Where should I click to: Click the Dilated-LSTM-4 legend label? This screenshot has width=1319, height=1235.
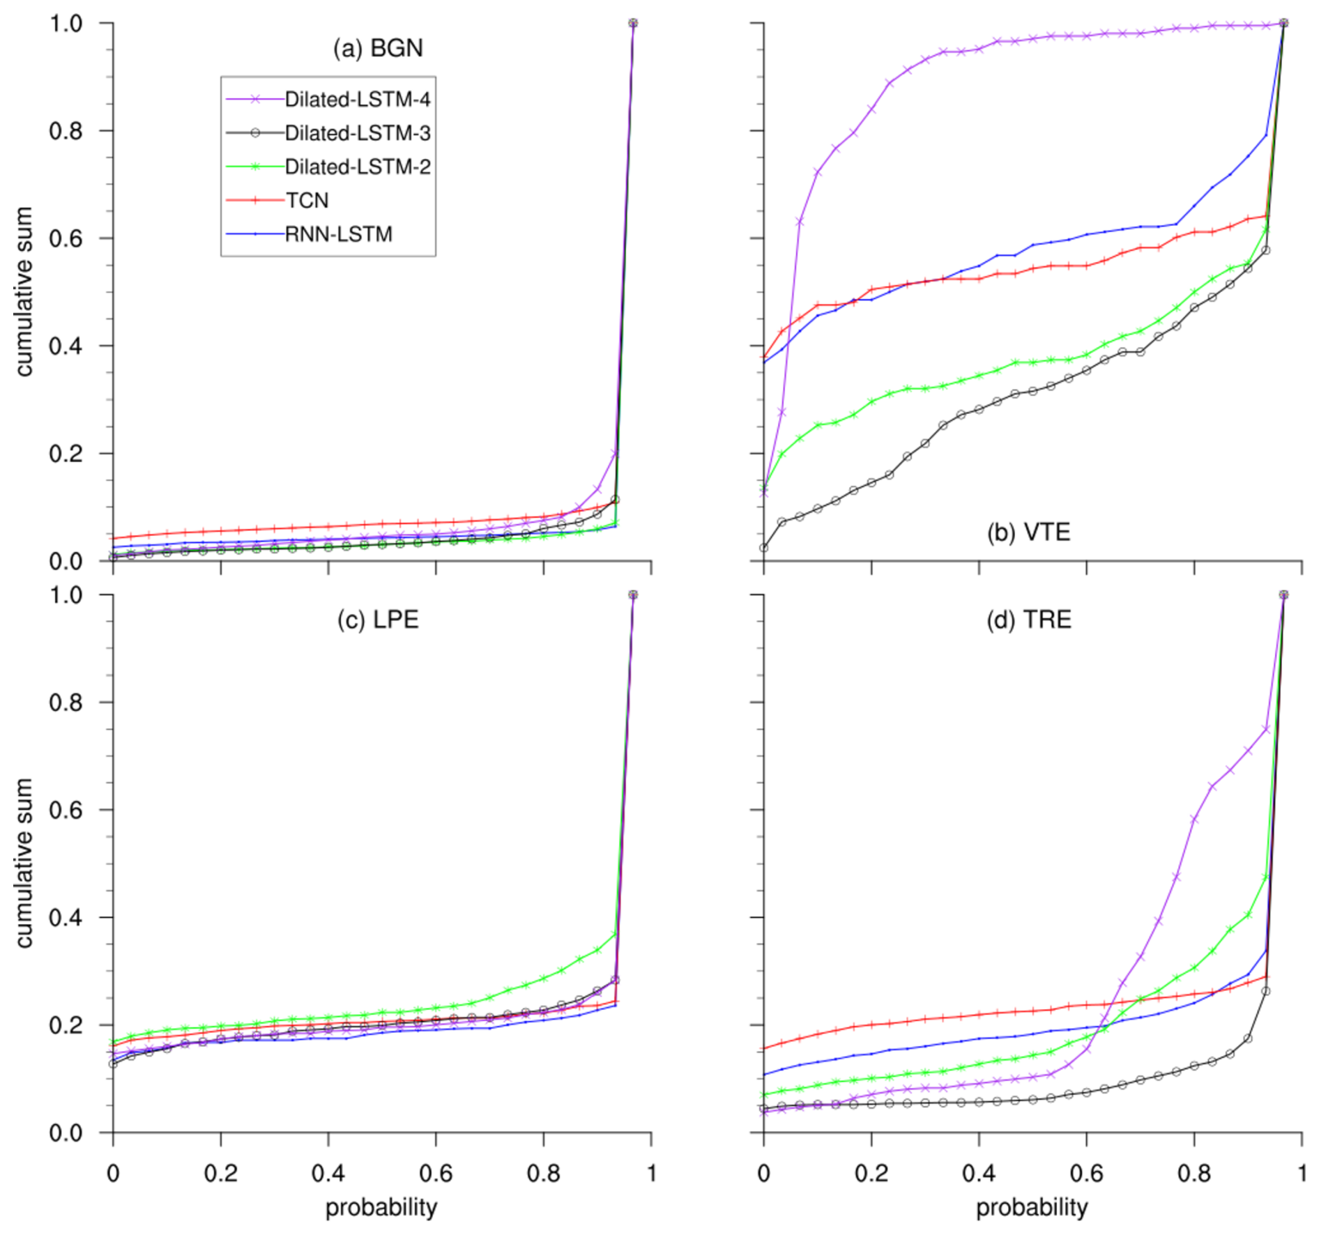[x=357, y=100]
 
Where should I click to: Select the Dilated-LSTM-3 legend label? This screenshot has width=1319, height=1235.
[x=357, y=133]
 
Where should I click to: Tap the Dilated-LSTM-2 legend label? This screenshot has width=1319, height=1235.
[x=357, y=167]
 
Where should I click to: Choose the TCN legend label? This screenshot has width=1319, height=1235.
[x=307, y=201]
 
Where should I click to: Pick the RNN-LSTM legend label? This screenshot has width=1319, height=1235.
[x=338, y=234]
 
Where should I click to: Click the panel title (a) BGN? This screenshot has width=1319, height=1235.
[x=378, y=48]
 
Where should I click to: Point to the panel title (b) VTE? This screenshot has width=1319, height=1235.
[x=1028, y=532]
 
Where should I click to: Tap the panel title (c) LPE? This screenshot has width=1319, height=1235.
[x=378, y=620]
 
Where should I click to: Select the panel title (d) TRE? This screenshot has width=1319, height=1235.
[x=1028, y=620]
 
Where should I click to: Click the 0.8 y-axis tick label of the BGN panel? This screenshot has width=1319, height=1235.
[x=66, y=131]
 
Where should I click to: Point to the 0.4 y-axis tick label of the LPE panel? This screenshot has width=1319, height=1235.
[x=66, y=918]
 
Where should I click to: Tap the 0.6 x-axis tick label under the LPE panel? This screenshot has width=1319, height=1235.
[x=436, y=1174]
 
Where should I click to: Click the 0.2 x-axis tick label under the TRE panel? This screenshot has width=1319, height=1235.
[x=871, y=1174]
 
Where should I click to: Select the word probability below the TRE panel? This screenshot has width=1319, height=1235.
[x=1032, y=1208]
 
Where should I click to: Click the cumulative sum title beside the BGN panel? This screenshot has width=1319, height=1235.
[x=25, y=291]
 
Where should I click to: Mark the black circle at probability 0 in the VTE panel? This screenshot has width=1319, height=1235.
[x=764, y=548]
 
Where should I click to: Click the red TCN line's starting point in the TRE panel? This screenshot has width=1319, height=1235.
[x=765, y=1048]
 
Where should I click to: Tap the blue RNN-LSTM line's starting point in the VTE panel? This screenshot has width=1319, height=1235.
[x=765, y=362]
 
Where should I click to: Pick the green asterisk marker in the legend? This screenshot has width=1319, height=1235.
[x=255, y=167]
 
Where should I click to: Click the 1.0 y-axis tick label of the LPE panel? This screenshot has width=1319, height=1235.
[x=66, y=595]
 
